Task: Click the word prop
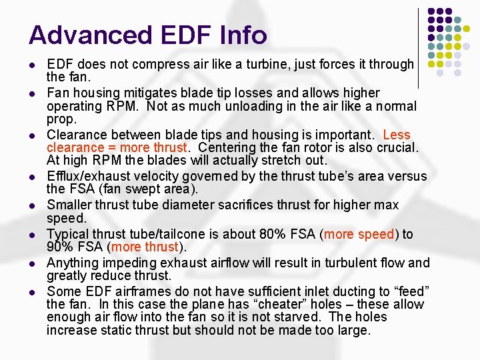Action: coord(60,119)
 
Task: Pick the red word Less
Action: coord(397,135)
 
